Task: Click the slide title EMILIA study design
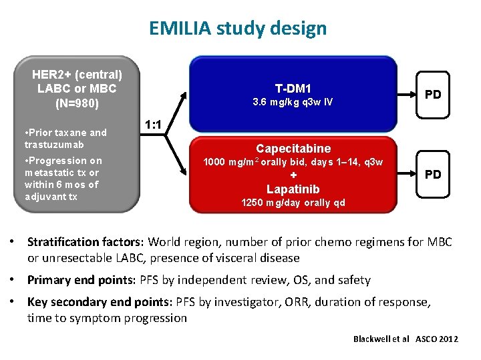[x=238, y=28]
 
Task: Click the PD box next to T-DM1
[x=433, y=94]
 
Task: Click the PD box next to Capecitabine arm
[x=433, y=174]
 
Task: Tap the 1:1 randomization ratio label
[x=156, y=124]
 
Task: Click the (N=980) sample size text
[x=77, y=103]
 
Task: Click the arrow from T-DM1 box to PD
[x=406, y=94]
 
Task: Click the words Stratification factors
[x=86, y=241]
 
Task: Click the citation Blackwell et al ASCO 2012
[x=406, y=339]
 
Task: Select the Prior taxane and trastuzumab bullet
[x=65, y=138]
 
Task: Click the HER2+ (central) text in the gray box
[x=77, y=74]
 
